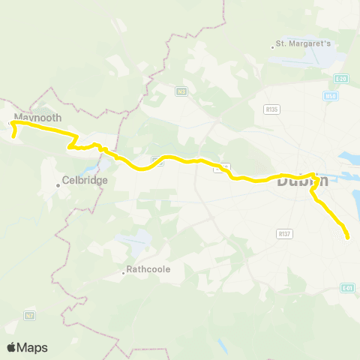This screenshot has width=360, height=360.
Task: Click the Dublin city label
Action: [301, 181]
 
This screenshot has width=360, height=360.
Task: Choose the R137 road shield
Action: [283, 233]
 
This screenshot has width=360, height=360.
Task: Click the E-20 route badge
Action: [342, 78]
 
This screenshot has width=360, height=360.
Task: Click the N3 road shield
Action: [181, 91]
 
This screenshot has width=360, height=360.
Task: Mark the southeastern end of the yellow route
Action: [348, 238]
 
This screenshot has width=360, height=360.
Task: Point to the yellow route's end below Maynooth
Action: [15, 136]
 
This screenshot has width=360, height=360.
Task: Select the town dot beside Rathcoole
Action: [124, 274]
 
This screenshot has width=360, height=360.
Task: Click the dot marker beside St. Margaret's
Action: [273, 49]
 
